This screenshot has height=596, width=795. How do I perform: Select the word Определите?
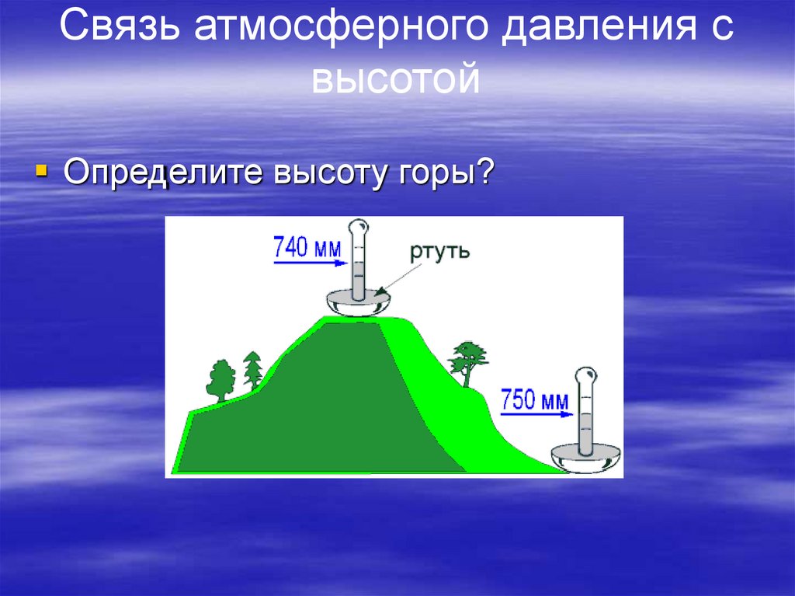click(x=160, y=173)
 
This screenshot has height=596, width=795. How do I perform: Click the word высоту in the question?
click(x=320, y=173)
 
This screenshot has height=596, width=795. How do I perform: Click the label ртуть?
click(x=439, y=253)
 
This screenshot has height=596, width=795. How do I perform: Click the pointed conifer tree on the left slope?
click(x=253, y=369)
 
